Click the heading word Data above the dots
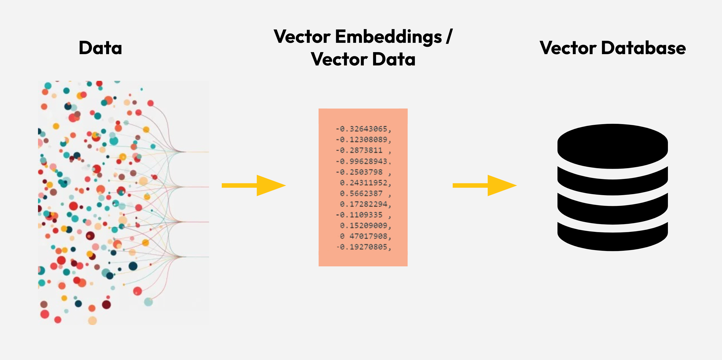[100, 48]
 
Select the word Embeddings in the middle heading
[388, 37]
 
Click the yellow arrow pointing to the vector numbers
[254, 185]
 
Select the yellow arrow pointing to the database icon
[485, 185]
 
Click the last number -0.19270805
[364, 247]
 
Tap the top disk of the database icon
[612, 146]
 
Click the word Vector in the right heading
[568, 48]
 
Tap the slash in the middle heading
[449, 37]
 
